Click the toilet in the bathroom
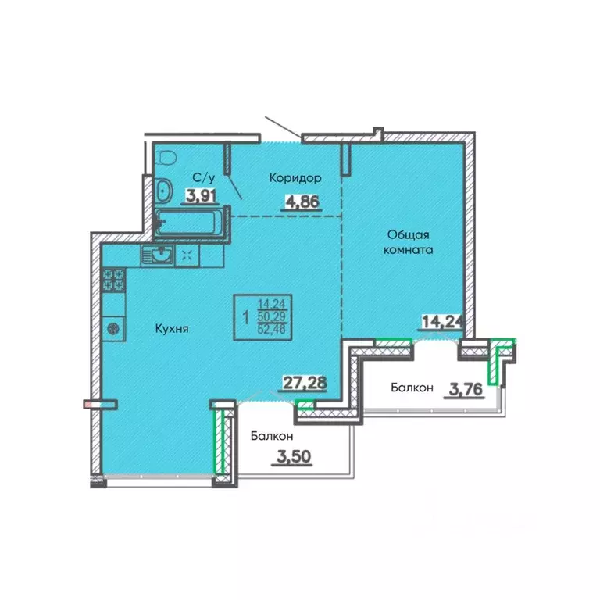pyautogui.click(x=166, y=157)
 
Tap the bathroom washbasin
pyautogui.click(x=164, y=190)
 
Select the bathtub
pyautogui.click(x=186, y=223)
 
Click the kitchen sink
pyautogui.click(x=158, y=255)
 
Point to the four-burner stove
pyautogui.click(x=113, y=280)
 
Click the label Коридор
pyautogui.click(x=295, y=178)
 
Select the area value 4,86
pyautogui.click(x=302, y=202)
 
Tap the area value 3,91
pyautogui.click(x=201, y=195)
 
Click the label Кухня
pyautogui.click(x=172, y=329)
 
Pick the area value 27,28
pyautogui.click(x=305, y=382)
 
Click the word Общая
pyautogui.click(x=409, y=234)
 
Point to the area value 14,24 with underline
pyautogui.click(x=442, y=322)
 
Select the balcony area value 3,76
pyautogui.click(x=466, y=390)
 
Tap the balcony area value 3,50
pyautogui.click(x=294, y=456)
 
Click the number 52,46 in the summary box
pyautogui.click(x=272, y=329)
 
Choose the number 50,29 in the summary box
pyautogui.click(x=272, y=316)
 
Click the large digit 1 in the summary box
pyautogui.click(x=245, y=317)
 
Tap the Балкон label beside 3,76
pyautogui.click(x=412, y=387)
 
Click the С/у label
pyautogui.click(x=204, y=177)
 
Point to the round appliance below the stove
pyautogui.click(x=113, y=329)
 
